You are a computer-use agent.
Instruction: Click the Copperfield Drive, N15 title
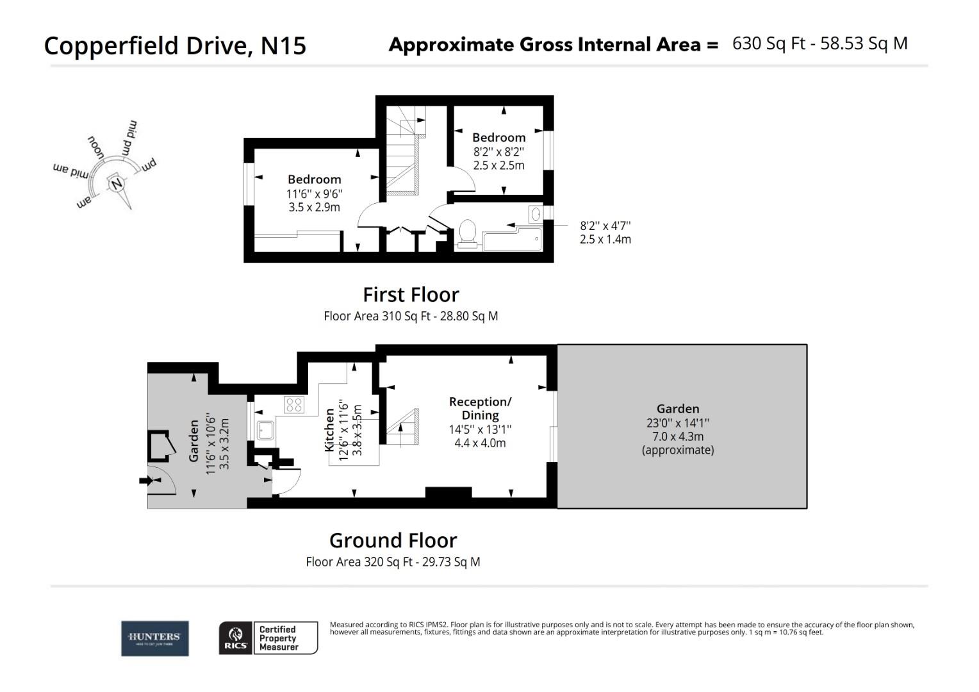coord(175,46)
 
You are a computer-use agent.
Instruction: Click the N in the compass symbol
coord(116,184)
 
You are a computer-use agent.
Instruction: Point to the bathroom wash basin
coord(535,214)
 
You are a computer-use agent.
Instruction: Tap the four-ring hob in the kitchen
coord(294,405)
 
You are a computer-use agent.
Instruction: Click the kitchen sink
coord(265,430)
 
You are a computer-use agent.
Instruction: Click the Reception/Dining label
coord(480,408)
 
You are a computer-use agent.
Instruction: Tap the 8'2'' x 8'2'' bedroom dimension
coord(498,152)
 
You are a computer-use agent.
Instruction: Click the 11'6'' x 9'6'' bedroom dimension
coord(314,194)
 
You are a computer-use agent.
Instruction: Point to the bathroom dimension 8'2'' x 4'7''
coord(605,226)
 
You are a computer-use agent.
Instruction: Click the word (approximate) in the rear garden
coord(678,450)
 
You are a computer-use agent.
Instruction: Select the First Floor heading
coord(411,295)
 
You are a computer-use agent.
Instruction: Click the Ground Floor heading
coord(393,541)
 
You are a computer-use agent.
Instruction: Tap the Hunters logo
coord(155,638)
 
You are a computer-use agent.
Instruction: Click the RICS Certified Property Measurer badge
coord(268,638)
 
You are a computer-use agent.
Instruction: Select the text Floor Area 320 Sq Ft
coord(359,562)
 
